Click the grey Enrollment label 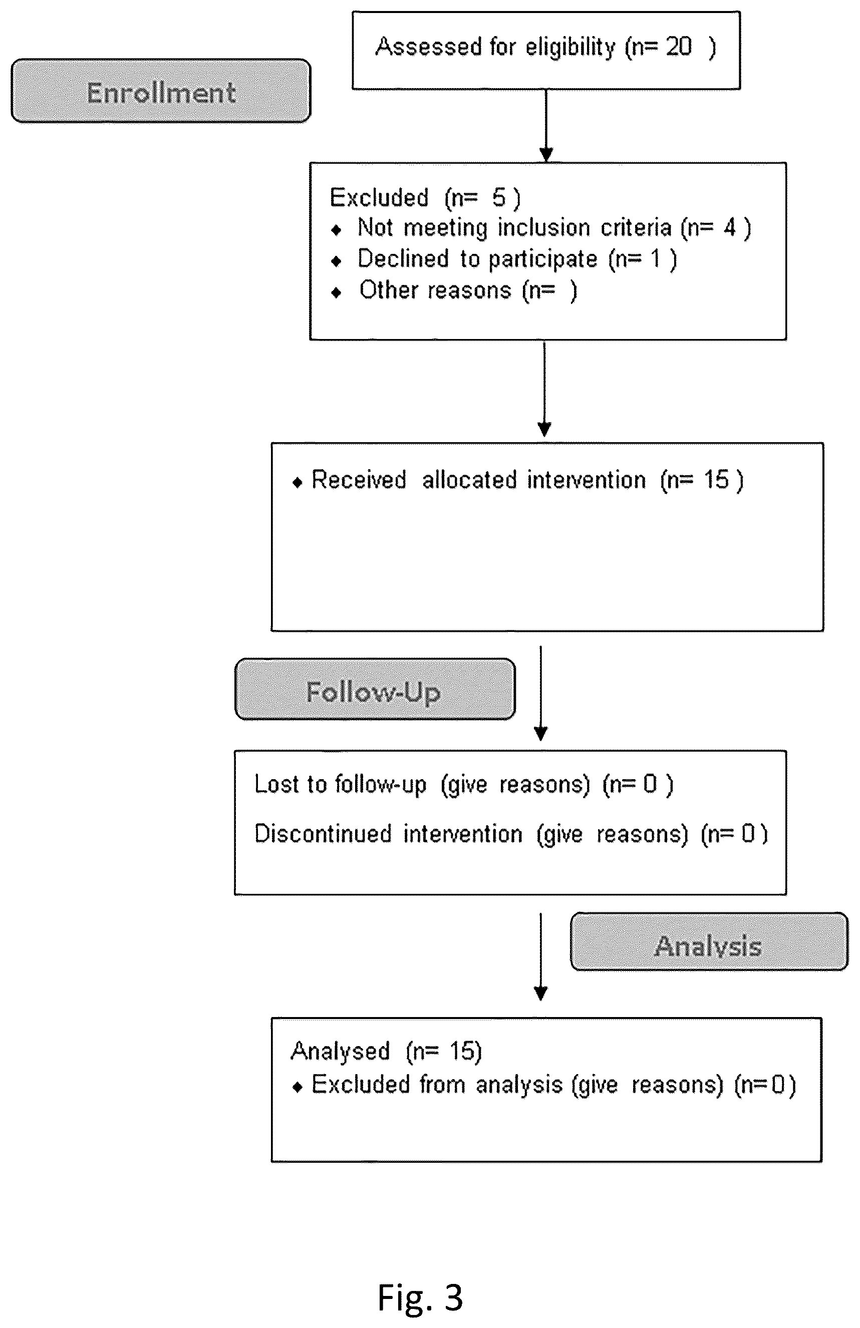[161, 91]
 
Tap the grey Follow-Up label [375, 689]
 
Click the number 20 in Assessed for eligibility [679, 47]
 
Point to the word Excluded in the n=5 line [379, 197]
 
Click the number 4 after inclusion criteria [730, 228]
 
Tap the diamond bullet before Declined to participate [336, 261]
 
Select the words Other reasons [435, 290]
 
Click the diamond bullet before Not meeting [336, 230]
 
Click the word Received [358, 480]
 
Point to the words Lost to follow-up [340, 784]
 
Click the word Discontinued [323, 834]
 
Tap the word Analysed [340, 1051]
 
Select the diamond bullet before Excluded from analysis [298, 1087]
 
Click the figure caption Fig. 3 [420, 1297]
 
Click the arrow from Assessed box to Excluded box [546, 126]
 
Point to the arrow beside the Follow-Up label [541, 694]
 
